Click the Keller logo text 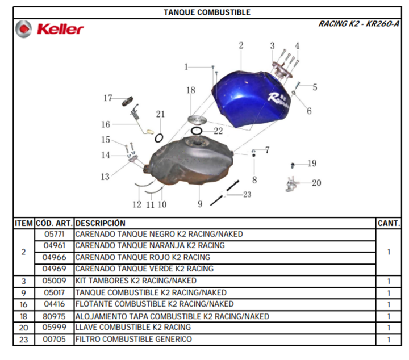point(60,29)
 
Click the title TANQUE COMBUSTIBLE point(207,12)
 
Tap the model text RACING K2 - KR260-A point(358,24)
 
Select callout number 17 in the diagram point(108,98)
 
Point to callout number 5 point(315,87)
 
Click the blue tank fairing point(251,99)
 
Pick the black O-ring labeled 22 point(197,131)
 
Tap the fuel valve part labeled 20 point(291,184)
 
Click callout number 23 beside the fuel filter point(247,194)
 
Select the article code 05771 point(55,234)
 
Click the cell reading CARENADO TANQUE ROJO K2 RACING point(143,257)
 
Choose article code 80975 point(54,316)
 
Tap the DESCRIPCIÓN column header point(101,223)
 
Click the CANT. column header point(389,223)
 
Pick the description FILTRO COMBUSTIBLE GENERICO point(133,339)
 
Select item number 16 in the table point(23,304)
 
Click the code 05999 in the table point(55,328)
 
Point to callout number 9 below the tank point(200,204)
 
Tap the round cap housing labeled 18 point(198,120)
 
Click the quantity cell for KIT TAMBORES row point(389,281)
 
